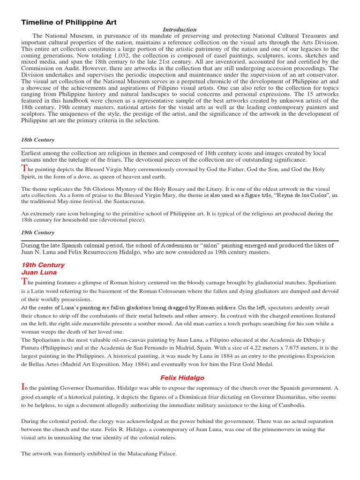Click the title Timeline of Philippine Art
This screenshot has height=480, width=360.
(69, 22)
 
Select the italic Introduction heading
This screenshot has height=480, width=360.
(179, 30)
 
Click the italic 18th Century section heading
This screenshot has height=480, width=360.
(37, 140)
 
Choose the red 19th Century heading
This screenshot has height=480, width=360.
(43, 265)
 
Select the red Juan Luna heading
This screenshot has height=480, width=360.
(39, 272)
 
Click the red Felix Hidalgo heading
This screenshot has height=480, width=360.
(182, 377)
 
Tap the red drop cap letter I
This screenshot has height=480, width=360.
(23, 387)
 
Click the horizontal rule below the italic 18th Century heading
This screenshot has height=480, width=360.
(180, 148)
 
